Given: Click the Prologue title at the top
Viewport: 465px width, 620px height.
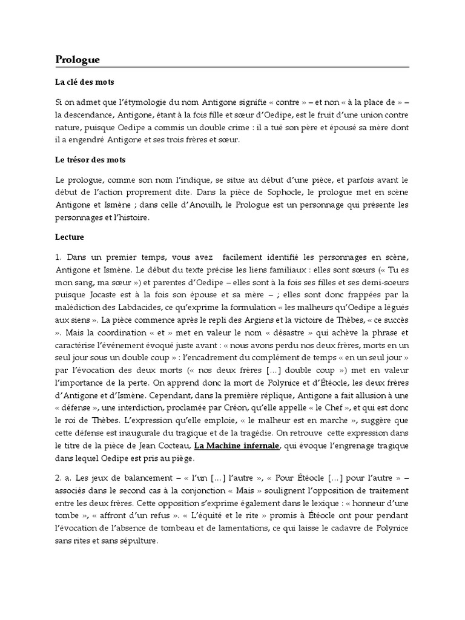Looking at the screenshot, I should tap(77, 59).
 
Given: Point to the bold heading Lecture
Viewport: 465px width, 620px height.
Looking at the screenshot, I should tap(70, 237).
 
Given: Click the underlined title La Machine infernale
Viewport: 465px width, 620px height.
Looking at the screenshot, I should tap(237, 446).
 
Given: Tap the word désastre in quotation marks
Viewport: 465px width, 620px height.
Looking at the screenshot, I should tap(280, 332).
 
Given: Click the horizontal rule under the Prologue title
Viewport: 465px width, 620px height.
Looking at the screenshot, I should tap(232, 67).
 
